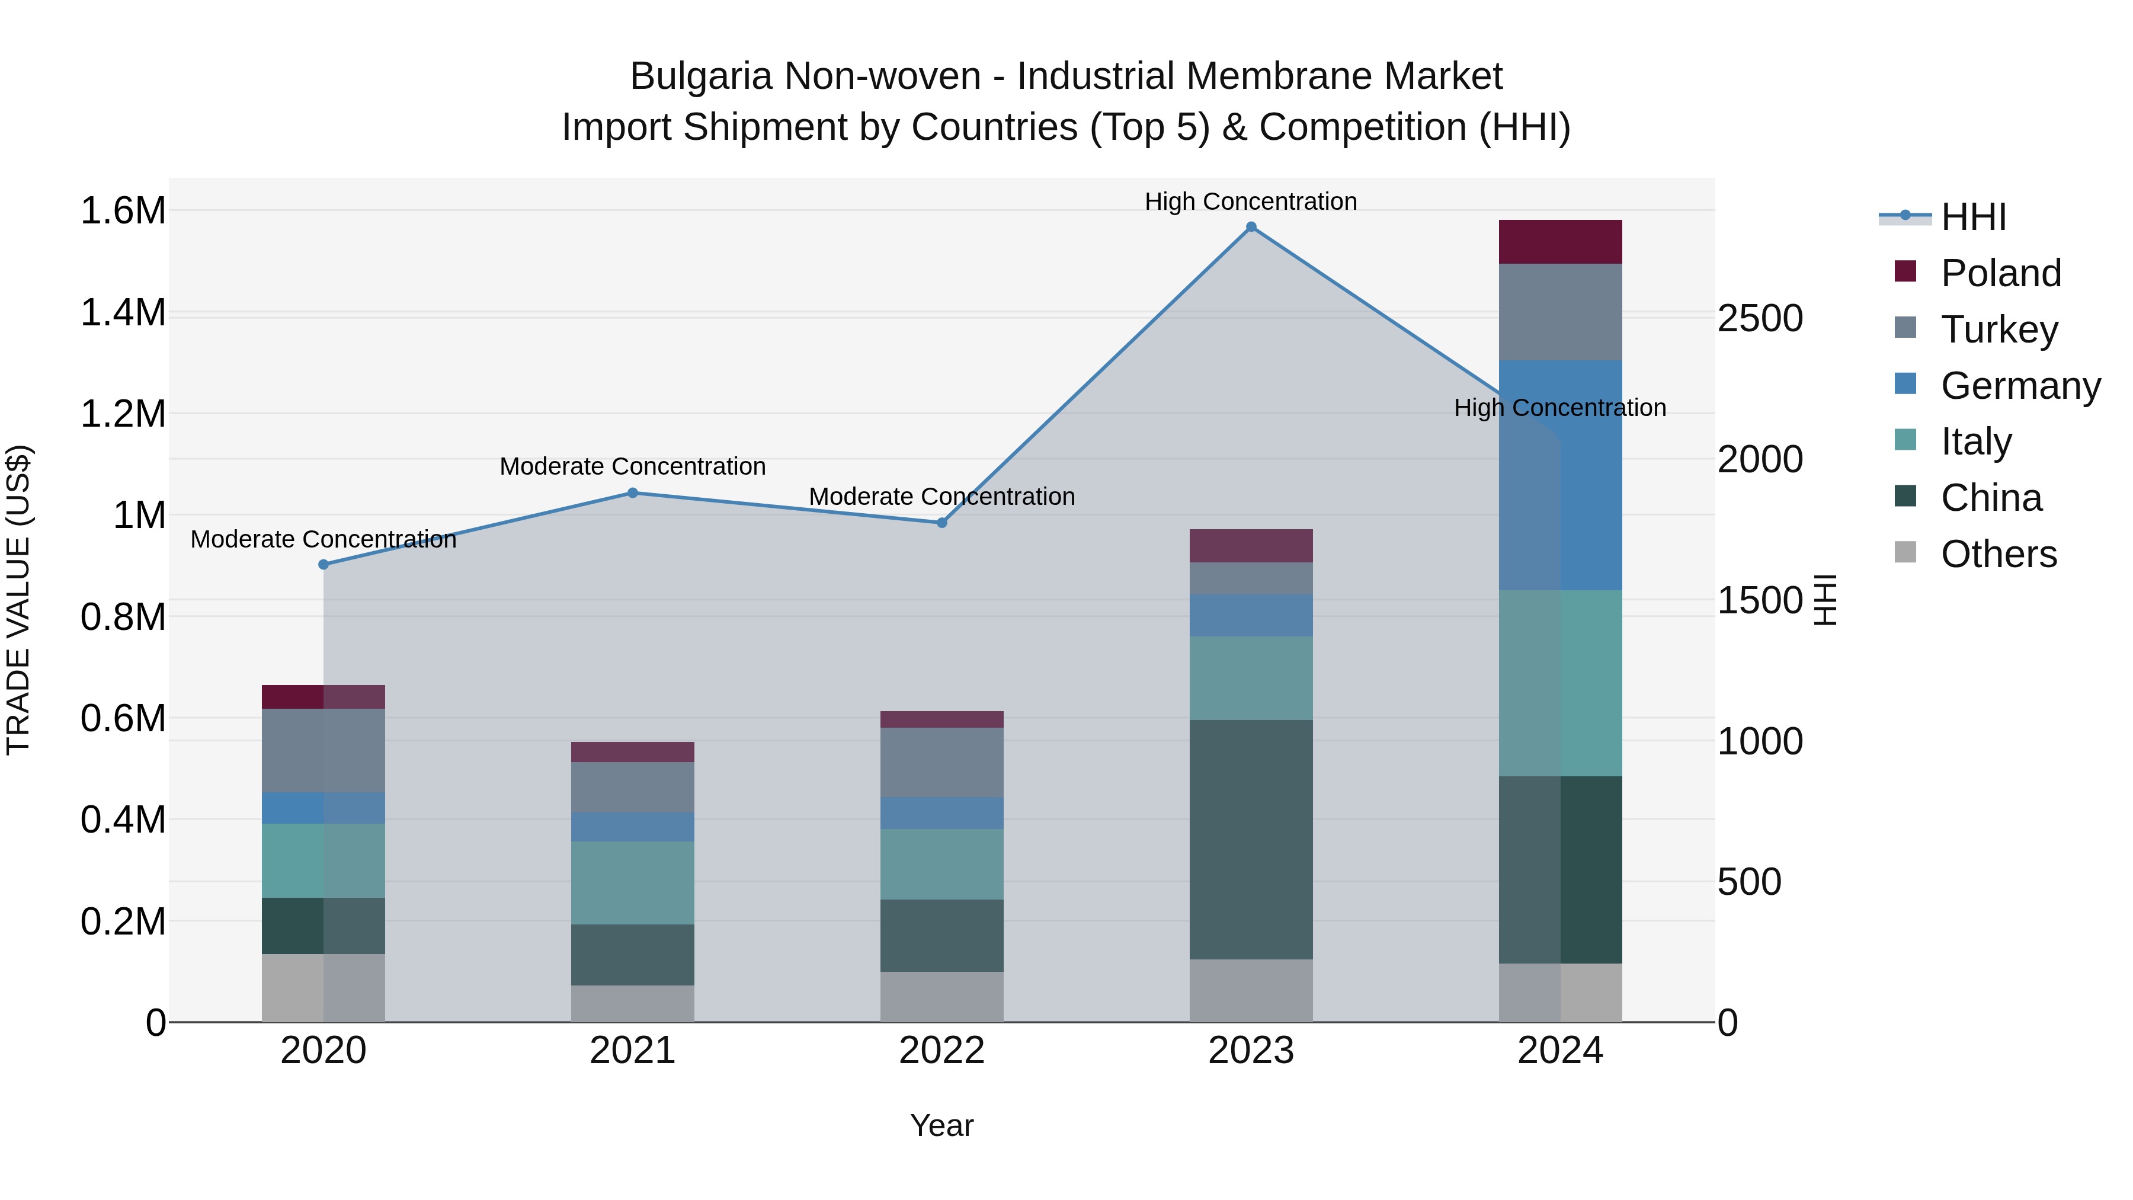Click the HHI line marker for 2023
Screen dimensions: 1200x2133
(x=1251, y=227)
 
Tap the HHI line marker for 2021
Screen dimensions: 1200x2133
(x=633, y=493)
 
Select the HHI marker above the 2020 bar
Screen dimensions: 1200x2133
(x=324, y=565)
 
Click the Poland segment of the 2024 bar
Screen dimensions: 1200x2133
(x=1560, y=242)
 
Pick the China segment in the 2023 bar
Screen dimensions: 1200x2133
(x=1251, y=839)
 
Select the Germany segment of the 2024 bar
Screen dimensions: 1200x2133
(x=1560, y=475)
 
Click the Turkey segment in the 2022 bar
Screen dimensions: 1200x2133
(x=941, y=762)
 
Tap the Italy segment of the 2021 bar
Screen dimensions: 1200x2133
(x=633, y=883)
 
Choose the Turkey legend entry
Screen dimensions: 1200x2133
(x=1999, y=329)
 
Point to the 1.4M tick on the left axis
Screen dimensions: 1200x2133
(x=123, y=313)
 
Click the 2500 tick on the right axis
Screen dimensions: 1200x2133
(x=1760, y=319)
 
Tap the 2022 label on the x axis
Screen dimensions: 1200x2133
(x=941, y=1051)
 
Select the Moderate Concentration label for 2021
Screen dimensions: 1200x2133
(x=633, y=466)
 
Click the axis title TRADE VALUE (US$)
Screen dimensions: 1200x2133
(x=18, y=600)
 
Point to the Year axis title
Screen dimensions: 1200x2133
(x=941, y=1125)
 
